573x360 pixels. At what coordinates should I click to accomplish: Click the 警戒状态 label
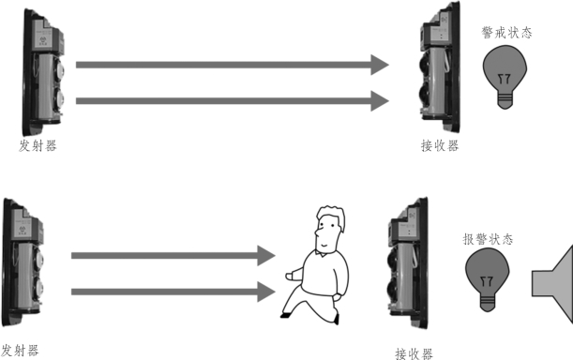(506, 33)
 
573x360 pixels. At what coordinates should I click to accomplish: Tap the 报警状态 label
(488, 239)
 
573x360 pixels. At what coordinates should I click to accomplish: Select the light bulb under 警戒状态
(505, 77)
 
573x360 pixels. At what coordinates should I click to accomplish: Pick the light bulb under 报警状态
(488, 281)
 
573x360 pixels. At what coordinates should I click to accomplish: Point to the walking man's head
(330, 230)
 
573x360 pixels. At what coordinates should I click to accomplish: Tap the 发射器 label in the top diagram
(38, 146)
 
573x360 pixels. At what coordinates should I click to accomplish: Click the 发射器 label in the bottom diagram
(20, 351)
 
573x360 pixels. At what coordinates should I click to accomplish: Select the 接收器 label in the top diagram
(440, 146)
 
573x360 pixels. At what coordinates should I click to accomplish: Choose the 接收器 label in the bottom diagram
(414, 353)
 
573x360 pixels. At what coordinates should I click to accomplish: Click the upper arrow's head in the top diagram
(380, 65)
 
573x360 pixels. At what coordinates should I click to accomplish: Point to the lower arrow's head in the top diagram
(380, 101)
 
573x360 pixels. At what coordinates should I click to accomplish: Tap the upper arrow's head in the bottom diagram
(266, 256)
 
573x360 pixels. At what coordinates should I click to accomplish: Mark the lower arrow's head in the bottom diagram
(266, 292)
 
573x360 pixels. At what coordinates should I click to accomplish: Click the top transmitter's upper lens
(59, 69)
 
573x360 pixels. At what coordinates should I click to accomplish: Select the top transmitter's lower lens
(59, 98)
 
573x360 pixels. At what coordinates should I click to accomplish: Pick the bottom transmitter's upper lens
(38, 258)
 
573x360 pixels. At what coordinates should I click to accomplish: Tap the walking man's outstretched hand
(290, 276)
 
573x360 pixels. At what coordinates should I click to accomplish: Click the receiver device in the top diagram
(439, 67)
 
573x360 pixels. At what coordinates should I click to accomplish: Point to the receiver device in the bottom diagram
(408, 263)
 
